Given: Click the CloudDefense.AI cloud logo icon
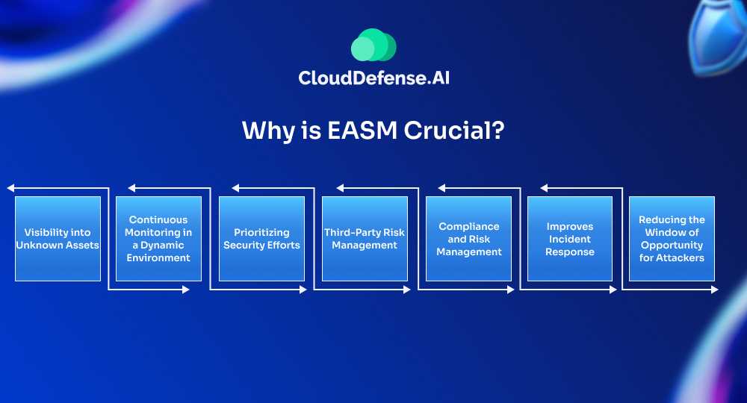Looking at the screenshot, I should click(x=373, y=46).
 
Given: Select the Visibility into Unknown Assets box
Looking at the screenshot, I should click(x=58, y=239).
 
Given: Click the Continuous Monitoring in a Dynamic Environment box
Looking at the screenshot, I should click(x=158, y=239).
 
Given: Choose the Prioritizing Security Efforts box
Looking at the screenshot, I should click(x=261, y=239).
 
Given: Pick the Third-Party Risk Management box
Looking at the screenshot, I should click(x=365, y=239).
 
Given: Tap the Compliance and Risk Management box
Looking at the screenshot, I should click(x=468, y=239).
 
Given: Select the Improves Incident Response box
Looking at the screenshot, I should click(x=570, y=239).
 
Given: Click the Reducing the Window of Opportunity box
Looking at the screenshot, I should click(x=672, y=239).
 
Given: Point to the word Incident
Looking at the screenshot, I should click(x=570, y=239).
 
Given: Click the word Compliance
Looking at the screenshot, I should click(x=469, y=226).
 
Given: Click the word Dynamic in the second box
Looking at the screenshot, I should click(x=163, y=245).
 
